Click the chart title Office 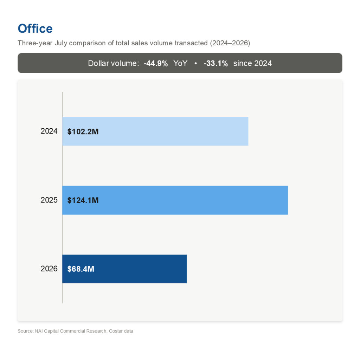35,29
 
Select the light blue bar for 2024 155,131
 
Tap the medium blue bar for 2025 175,200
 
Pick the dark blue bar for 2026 124,269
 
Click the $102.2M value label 83,131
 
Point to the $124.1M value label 83,200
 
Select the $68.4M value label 81,269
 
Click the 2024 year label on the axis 49,131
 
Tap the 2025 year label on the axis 49,200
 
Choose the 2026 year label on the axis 49,269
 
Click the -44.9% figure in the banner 156,63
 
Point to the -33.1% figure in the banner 216,63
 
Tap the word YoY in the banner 180,63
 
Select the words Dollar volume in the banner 114,63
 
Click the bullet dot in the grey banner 195,64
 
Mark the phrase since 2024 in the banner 252,63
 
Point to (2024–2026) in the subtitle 230,43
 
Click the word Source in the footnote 25,331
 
